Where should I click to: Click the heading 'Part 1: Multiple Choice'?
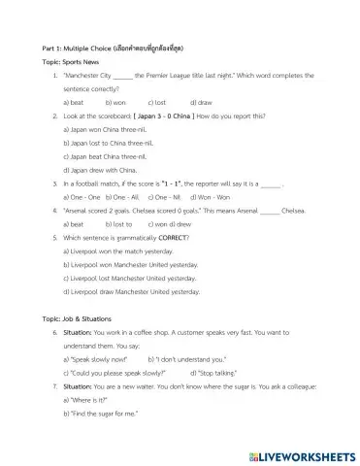[73, 47]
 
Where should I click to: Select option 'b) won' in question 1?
[115, 101]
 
